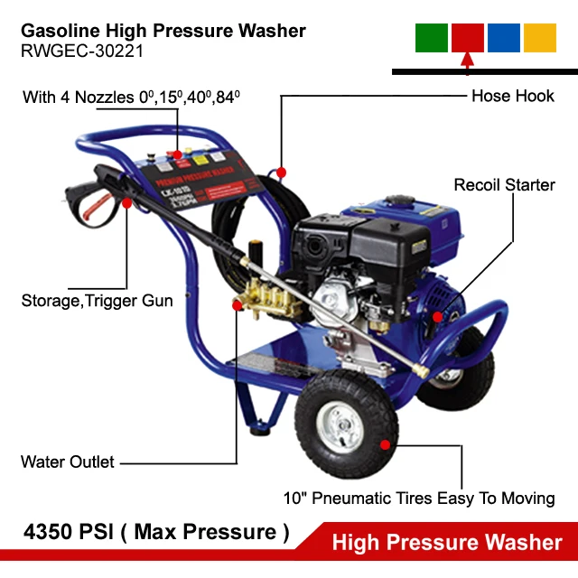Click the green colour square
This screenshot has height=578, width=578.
point(432,37)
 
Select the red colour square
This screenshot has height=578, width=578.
point(468,37)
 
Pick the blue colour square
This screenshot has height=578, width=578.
point(504,37)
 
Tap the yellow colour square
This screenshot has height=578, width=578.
point(540,37)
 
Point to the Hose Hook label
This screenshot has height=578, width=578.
point(512,95)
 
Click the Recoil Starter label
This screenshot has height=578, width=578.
point(504,185)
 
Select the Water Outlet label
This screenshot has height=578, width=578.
point(68,461)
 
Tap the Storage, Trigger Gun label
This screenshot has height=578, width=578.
point(97,300)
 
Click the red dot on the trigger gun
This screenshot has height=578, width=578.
point(126,204)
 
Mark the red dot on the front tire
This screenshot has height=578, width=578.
point(386,444)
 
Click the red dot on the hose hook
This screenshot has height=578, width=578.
point(282,172)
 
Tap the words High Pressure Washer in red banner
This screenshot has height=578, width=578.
point(447,542)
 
